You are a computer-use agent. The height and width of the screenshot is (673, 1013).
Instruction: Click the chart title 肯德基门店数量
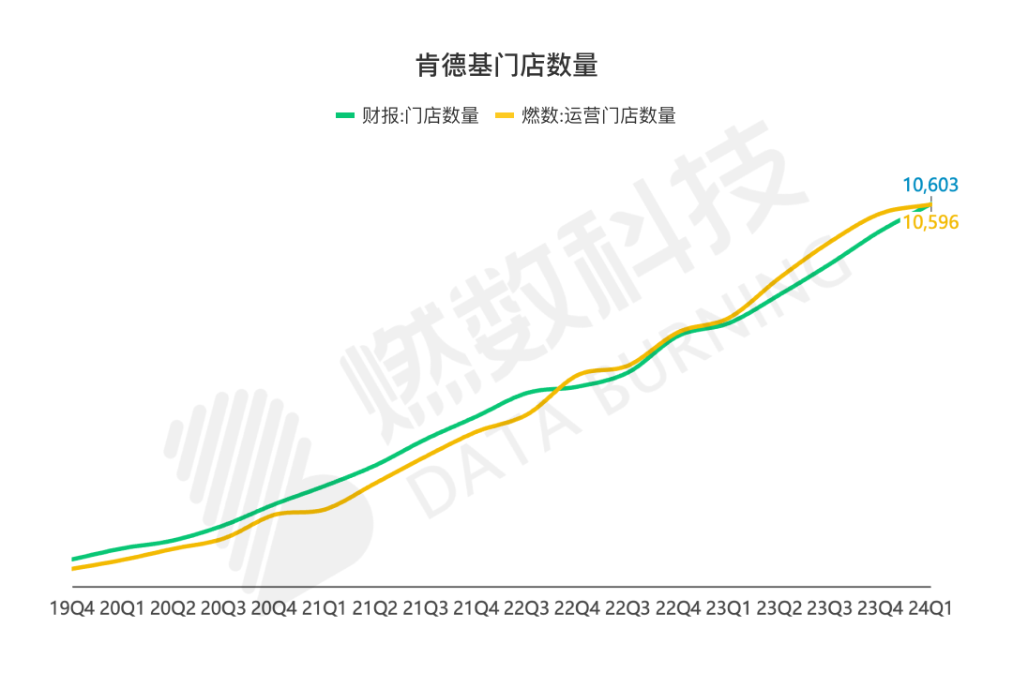pyautogui.click(x=506, y=66)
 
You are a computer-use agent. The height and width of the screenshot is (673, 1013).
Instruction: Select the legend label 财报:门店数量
pyautogui.click(x=420, y=115)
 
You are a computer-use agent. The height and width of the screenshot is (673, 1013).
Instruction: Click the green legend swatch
pyautogui.click(x=345, y=115)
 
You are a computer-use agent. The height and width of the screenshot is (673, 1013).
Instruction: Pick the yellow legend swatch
pyautogui.click(x=505, y=115)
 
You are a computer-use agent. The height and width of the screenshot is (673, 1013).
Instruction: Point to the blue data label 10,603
pyautogui.click(x=930, y=185)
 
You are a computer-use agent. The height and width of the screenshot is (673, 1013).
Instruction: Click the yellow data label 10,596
pyautogui.click(x=930, y=223)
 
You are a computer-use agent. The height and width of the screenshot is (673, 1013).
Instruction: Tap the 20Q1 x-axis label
pyautogui.click(x=122, y=608)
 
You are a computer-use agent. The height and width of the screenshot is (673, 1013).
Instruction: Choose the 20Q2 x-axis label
pyautogui.click(x=173, y=608)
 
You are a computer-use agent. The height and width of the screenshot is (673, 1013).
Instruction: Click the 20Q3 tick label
pyautogui.click(x=223, y=608)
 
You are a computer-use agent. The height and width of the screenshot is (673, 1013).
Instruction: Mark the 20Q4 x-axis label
pyautogui.click(x=274, y=608)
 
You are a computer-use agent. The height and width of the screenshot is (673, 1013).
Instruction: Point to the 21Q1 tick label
pyautogui.click(x=324, y=608)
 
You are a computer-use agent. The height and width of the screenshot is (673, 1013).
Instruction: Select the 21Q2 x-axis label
pyautogui.click(x=374, y=608)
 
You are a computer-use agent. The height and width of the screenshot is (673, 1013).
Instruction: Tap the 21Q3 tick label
pyautogui.click(x=425, y=608)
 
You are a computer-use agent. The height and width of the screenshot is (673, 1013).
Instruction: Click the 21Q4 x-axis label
pyautogui.click(x=476, y=608)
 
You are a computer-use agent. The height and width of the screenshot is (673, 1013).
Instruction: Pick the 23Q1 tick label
pyautogui.click(x=728, y=608)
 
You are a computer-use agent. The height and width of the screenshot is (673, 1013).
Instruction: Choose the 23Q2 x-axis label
pyautogui.click(x=779, y=608)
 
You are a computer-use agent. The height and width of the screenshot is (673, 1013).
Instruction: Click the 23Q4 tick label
pyautogui.click(x=880, y=608)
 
